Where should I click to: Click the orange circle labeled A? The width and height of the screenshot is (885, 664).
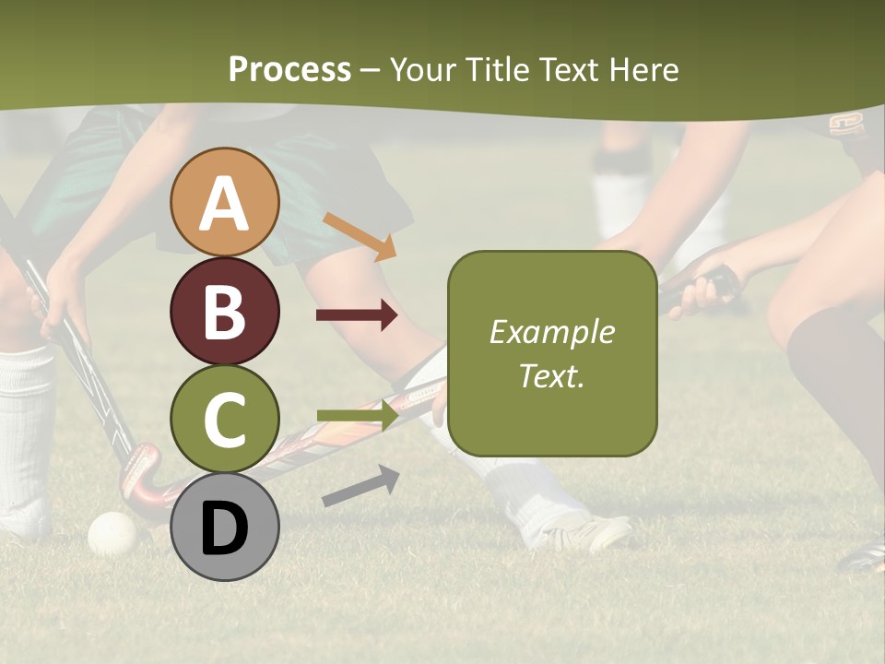[225, 202]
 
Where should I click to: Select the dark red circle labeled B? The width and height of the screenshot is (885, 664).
[225, 311]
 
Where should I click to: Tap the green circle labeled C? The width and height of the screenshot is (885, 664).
[225, 420]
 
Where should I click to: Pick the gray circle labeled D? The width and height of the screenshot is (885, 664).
[225, 528]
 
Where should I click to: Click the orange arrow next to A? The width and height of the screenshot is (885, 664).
[360, 236]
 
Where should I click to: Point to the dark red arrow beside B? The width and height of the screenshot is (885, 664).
[357, 315]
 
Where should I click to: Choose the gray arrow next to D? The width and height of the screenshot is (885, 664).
[360, 486]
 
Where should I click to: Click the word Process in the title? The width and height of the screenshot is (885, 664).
[289, 69]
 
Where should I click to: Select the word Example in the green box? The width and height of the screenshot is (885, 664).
[551, 332]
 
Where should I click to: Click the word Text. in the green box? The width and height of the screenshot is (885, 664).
[551, 375]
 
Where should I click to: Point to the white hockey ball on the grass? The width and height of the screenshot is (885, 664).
[112, 533]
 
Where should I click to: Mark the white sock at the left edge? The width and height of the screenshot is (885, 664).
[25, 433]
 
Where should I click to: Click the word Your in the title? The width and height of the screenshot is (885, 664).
[421, 69]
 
